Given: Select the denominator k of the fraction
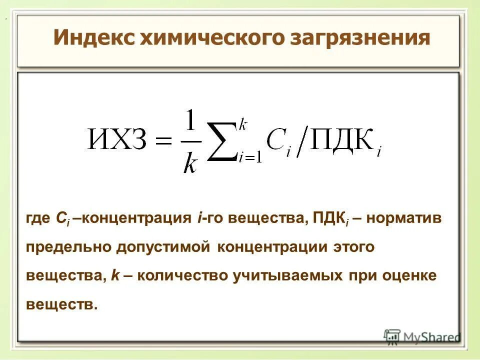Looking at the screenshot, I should [190, 162].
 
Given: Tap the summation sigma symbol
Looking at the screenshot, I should [221, 142].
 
